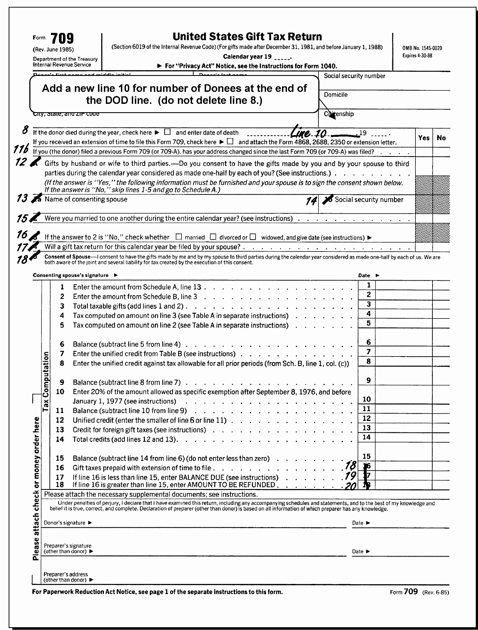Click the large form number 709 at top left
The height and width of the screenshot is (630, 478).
tap(62, 38)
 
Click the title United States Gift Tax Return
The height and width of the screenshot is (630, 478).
tap(247, 37)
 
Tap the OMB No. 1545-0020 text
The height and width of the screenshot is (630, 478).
tap(422, 48)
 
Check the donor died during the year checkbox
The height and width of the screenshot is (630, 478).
tap(168, 132)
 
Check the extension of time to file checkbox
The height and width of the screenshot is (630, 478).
tap(230, 142)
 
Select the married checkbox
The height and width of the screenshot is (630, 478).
tap(179, 237)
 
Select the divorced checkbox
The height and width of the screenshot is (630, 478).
tap(213, 237)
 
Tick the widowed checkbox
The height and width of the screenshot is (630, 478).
tap(253, 237)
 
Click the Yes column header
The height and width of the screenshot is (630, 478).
tap(424, 138)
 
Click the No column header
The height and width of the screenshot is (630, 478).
tap(441, 138)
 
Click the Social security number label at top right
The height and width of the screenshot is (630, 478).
tap(354, 76)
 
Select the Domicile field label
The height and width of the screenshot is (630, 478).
tap(336, 95)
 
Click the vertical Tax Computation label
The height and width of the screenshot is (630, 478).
tap(46, 382)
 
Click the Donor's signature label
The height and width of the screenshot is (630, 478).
tap(65, 523)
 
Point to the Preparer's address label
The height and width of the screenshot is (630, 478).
tap(66, 577)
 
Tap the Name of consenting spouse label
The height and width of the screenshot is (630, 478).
tap(86, 199)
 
